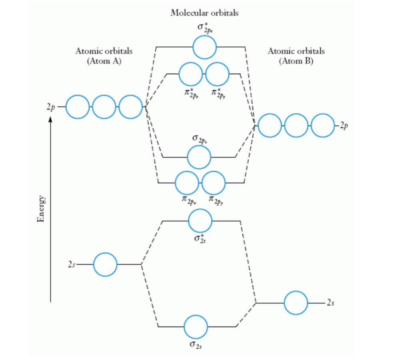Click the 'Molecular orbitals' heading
(204, 13)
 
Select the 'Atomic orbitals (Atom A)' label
(104, 56)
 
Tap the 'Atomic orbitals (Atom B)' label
(296, 56)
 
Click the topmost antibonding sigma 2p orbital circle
(204, 47)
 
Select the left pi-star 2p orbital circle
(191, 74)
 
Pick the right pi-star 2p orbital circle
(217, 74)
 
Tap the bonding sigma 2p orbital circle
(199, 157)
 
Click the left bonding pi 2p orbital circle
(187, 183)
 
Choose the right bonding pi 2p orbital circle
(214, 183)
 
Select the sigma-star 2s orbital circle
(200, 221)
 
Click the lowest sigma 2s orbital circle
(196, 327)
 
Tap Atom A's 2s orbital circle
(105, 265)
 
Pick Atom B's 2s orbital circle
(296, 303)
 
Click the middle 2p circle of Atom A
(104, 107)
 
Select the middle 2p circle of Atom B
(296, 125)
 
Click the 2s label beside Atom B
(330, 303)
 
